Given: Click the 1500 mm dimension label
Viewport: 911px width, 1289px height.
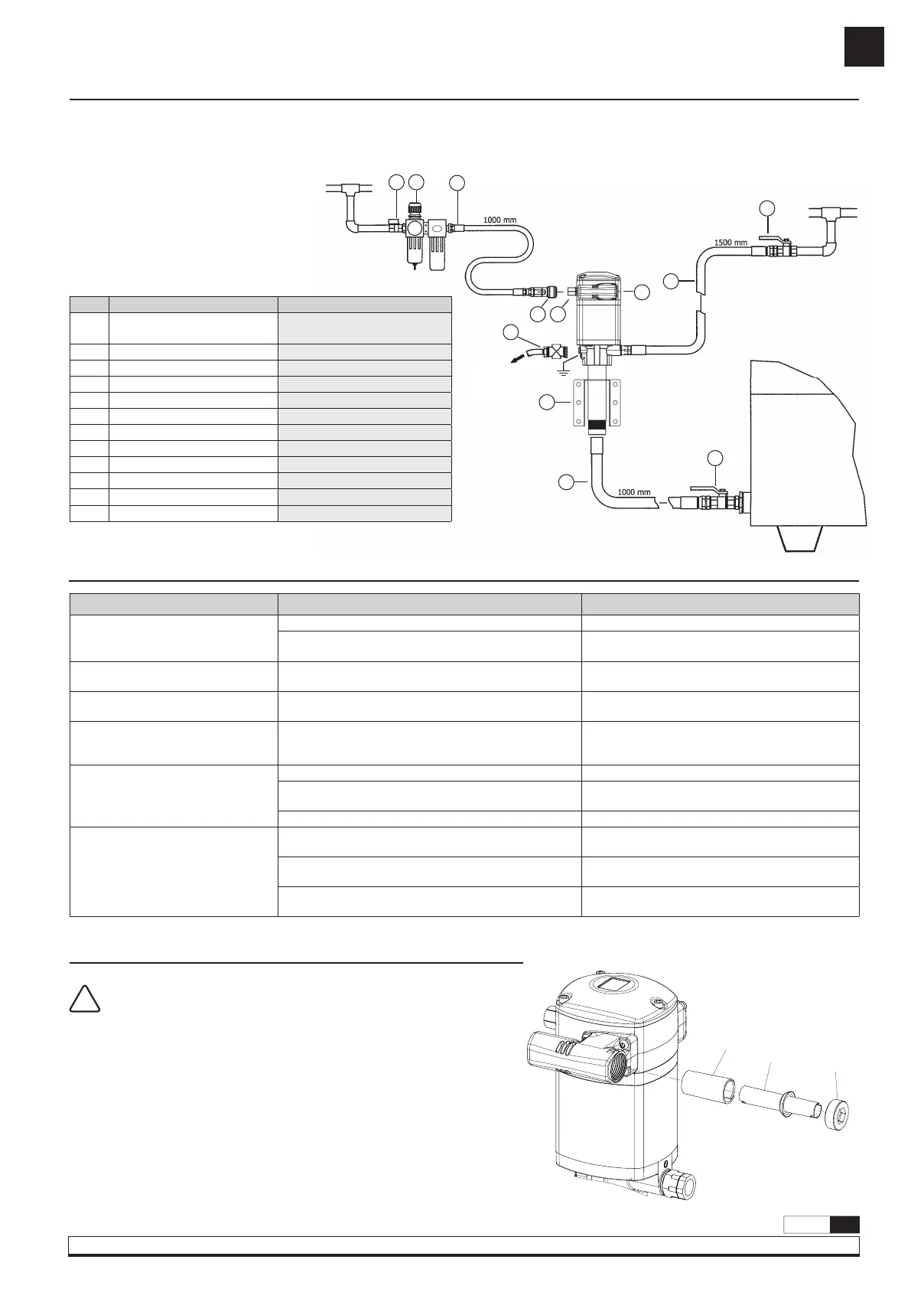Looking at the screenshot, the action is [730, 242].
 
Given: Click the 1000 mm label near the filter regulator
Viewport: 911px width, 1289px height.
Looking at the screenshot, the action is [501, 220].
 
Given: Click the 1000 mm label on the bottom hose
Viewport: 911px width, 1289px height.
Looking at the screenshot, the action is [635, 492].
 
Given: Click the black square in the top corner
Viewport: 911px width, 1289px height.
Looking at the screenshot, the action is [864, 47].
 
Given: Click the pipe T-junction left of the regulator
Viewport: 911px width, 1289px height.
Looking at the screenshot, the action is [353, 188].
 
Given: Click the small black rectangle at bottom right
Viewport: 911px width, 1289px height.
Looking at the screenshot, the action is [844, 1225].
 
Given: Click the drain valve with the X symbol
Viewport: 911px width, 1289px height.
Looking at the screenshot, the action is [551, 352].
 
